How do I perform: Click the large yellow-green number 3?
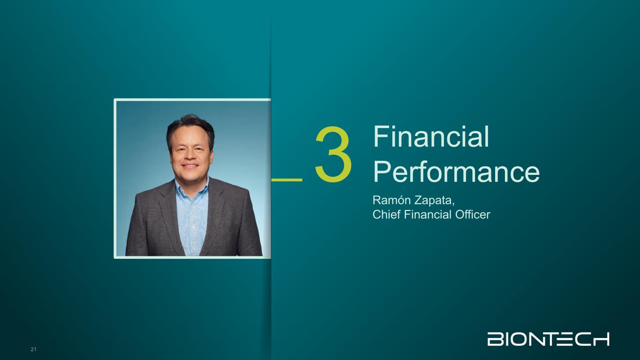(333, 154)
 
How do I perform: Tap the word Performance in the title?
(456, 172)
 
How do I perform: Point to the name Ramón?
(392, 200)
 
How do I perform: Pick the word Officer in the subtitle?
(473, 214)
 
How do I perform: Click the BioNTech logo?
(548, 339)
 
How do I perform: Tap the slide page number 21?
(33, 349)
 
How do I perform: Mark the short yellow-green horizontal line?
(286, 180)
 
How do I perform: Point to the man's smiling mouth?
(190, 165)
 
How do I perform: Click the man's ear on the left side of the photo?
(171, 155)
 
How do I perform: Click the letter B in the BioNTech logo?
(493, 339)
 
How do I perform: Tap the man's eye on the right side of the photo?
(199, 148)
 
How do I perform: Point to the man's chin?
(190, 175)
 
